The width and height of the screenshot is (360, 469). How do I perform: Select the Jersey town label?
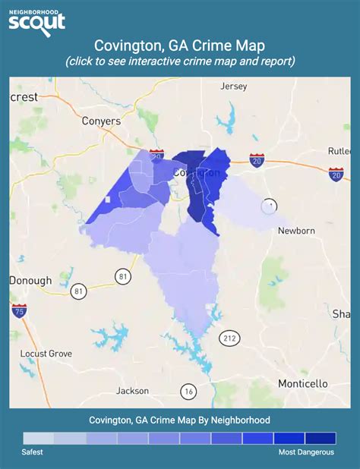pos(233,87)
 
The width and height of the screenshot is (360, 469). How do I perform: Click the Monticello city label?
pos(303,383)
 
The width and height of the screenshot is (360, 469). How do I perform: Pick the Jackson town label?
pos(132,392)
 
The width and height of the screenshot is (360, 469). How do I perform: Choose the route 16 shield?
pos(188,392)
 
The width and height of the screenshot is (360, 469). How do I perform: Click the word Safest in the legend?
pos(33,452)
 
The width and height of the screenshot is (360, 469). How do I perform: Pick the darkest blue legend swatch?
pos(320,438)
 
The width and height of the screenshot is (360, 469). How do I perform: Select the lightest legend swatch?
pos(39,438)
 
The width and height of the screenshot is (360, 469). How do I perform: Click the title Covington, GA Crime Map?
pos(180,45)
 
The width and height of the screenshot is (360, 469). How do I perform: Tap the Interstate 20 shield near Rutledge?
pos(336,174)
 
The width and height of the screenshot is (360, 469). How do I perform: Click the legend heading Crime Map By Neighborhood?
pos(180,420)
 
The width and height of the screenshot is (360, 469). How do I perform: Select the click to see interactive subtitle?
pos(180,61)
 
